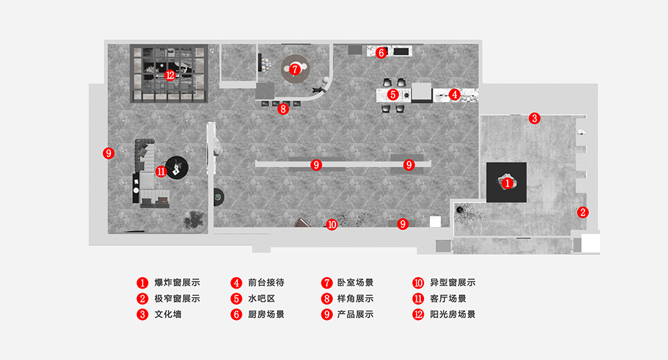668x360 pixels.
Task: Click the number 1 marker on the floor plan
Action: tap(507, 182)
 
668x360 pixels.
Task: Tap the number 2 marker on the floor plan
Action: tap(582, 212)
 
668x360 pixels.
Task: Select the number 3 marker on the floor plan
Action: tap(534, 118)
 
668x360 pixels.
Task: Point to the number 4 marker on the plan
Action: tap(454, 95)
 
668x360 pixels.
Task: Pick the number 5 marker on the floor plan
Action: tap(393, 95)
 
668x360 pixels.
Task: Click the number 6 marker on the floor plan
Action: tap(381, 52)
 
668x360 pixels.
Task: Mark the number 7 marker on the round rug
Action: tap(295, 68)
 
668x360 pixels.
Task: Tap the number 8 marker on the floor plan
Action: tap(283, 109)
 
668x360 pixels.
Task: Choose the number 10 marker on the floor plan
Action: tap(332, 224)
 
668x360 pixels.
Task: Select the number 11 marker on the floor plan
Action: tap(161, 171)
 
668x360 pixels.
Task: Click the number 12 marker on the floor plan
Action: tap(170, 75)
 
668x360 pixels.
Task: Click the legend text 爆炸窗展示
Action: tap(177, 283)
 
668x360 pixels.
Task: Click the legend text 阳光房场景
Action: tap(453, 314)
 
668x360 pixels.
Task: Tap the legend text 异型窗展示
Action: tap(453, 283)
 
